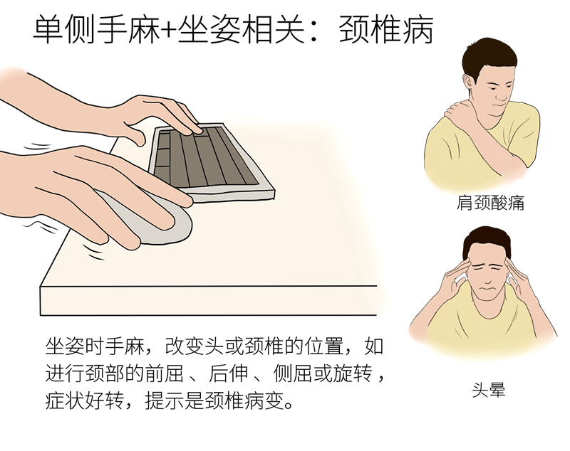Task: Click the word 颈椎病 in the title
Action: pyautogui.click(x=386, y=29)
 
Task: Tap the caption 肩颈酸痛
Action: pyautogui.click(x=491, y=203)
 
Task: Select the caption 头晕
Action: pyautogui.click(x=489, y=390)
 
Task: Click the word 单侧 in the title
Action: pyautogui.click(x=64, y=29)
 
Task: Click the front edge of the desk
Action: pyautogui.click(x=208, y=301)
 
